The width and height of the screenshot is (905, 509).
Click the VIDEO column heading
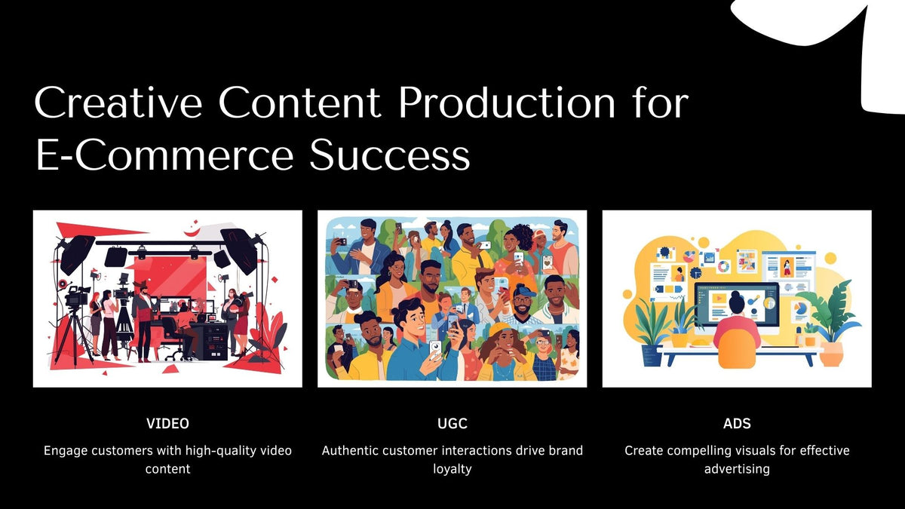167,424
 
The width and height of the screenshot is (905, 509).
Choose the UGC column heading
452,424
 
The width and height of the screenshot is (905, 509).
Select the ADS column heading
737,424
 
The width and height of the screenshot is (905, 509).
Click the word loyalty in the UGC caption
452,469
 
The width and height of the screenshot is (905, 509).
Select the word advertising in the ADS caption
737,469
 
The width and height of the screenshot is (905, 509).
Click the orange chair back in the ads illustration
737,348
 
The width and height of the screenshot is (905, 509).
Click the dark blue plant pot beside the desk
652,355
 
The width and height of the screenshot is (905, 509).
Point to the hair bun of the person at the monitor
737,299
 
